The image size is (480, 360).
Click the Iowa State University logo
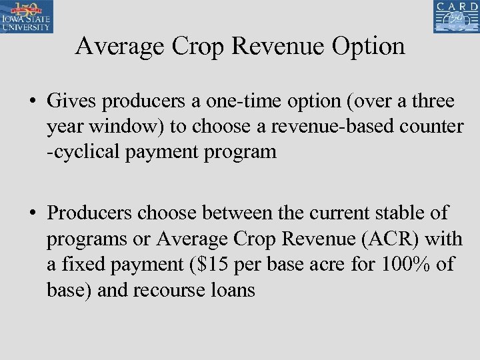point(27,17)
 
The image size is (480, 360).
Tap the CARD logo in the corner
point(456,17)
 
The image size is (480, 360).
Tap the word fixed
point(91,265)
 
